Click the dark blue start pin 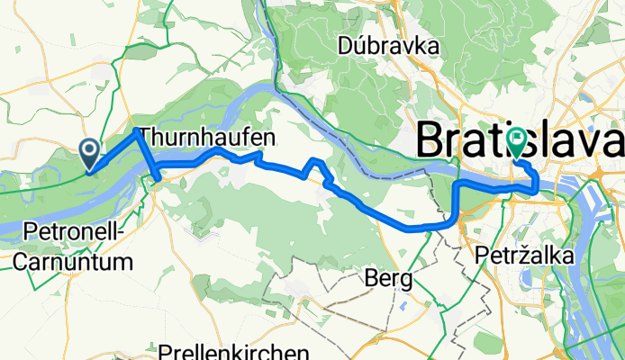[91, 155]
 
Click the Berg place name [390, 279]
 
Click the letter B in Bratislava [431, 143]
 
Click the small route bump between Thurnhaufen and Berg [315, 162]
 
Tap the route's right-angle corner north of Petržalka [456, 184]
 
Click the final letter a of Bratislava [613, 143]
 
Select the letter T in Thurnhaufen [148, 137]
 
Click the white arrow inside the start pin [91, 151]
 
